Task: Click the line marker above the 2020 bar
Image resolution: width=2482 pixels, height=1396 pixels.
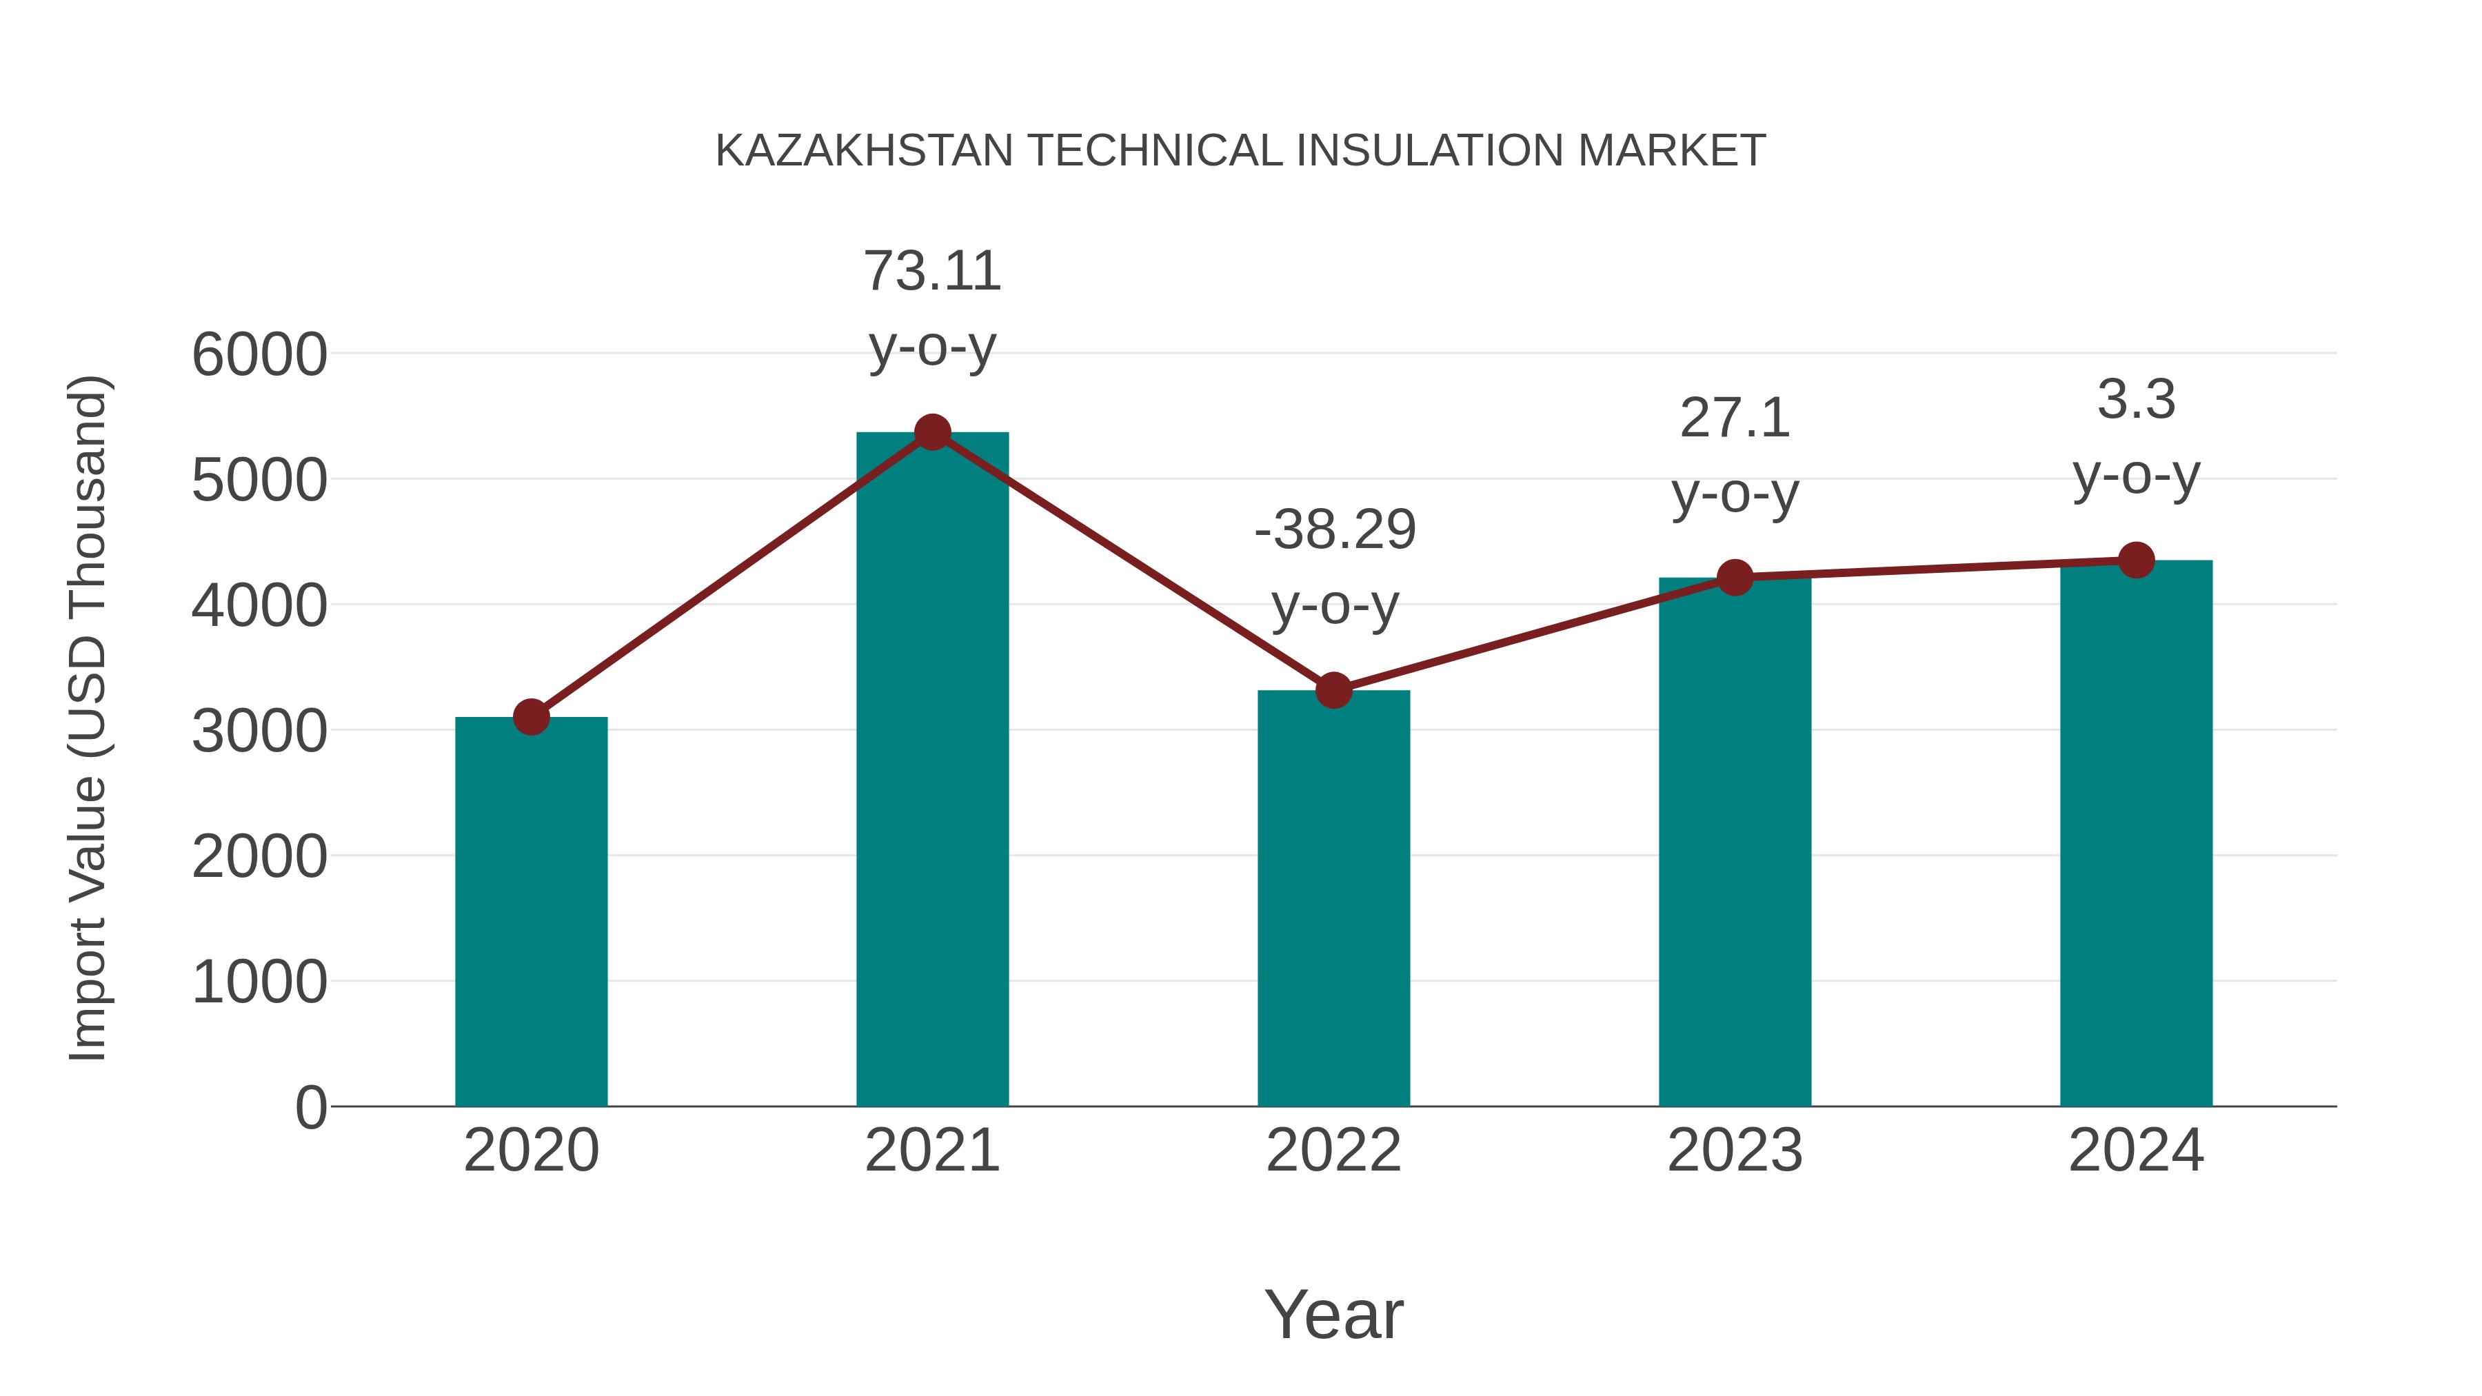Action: pos(531,717)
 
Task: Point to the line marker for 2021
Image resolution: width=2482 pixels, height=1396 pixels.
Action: pos(931,432)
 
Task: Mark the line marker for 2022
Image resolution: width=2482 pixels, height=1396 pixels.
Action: pos(1333,690)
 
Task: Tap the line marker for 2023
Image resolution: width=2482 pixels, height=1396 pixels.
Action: pos(1735,577)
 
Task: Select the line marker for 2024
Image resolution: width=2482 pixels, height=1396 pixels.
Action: pos(2136,560)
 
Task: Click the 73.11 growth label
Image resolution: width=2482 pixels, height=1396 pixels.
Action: pos(931,272)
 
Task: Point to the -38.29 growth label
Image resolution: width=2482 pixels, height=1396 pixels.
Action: pos(1335,531)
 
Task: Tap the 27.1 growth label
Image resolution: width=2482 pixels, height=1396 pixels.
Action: pos(1735,419)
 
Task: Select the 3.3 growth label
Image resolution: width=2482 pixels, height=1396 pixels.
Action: pos(2136,400)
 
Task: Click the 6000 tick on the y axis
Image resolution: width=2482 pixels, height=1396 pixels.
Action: pos(259,354)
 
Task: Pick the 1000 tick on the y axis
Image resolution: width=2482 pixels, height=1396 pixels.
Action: pos(259,982)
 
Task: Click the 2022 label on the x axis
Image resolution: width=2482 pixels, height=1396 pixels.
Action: pos(1333,1151)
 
